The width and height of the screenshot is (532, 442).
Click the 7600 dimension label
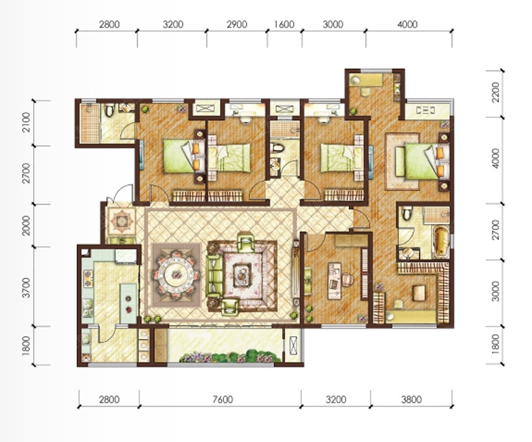click(x=223, y=399)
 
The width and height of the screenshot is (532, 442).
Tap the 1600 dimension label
click(x=284, y=24)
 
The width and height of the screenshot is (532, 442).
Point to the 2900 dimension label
click(x=236, y=24)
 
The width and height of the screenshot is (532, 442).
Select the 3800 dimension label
click(x=411, y=399)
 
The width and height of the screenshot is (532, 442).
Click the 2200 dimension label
click(x=495, y=92)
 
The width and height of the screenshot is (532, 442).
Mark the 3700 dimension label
click(x=26, y=288)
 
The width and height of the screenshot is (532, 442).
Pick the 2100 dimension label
click(x=26, y=122)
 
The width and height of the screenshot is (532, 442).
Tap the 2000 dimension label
click(x=26, y=225)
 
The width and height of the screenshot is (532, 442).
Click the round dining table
click(x=176, y=274)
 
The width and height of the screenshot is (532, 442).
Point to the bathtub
click(x=441, y=241)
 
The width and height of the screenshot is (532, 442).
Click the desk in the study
click(x=335, y=280)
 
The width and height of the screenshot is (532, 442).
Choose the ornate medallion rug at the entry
click(x=121, y=221)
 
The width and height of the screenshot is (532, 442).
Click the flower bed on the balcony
click(x=230, y=357)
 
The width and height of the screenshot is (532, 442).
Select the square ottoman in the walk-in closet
click(x=419, y=293)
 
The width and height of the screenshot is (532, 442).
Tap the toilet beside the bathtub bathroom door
click(x=407, y=214)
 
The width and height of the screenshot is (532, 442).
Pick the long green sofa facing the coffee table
click(x=215, y=275)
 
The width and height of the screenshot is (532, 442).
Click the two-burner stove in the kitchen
click(x=88, y=279)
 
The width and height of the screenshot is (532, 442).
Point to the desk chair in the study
click(x=348, y=279)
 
